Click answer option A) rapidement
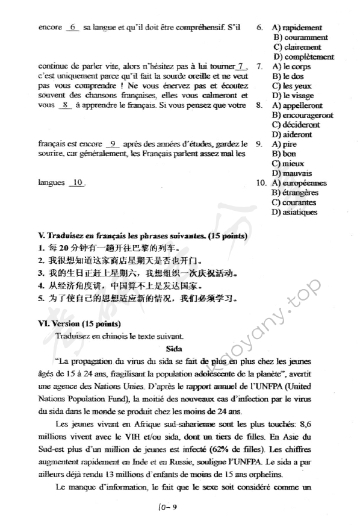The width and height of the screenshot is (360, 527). pos(297,28)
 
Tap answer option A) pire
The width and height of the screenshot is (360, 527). pos(285,145)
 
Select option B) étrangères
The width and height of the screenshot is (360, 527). pos(296,193)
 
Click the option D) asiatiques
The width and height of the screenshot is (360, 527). pos(295,212)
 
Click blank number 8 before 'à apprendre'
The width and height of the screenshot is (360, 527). pos(64,105)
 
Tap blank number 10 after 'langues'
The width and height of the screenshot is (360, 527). pos(77,182)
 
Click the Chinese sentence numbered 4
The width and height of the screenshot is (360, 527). pos(121,285)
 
